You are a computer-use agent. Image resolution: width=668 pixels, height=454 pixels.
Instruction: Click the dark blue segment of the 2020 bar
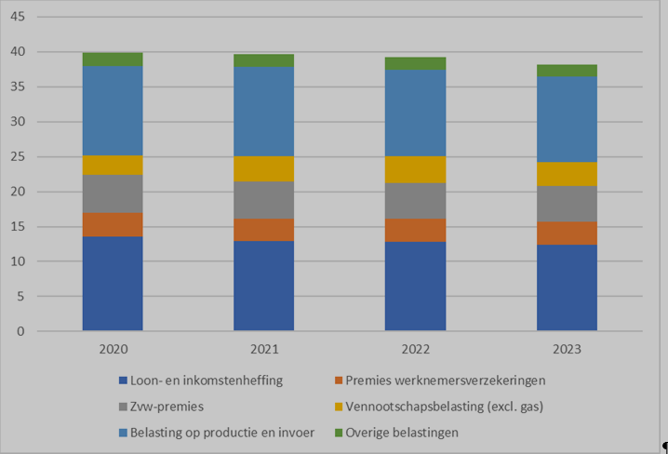tap(113, 284)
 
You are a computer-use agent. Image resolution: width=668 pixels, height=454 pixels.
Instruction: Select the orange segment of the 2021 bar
tap(263, 230)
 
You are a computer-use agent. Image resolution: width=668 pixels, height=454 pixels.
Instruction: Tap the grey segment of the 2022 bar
tap(415, 201)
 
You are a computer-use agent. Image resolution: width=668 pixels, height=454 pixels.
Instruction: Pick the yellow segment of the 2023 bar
tap(567, 174)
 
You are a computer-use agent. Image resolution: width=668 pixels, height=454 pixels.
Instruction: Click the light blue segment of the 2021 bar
tap(263, 111)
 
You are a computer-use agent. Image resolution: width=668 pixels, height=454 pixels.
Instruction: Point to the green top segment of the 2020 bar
tap(113, 60)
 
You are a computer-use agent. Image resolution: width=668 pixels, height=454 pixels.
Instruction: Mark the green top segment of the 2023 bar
tap(567, 71)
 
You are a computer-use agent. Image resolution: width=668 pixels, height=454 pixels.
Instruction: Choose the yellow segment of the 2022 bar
tap(415, 169)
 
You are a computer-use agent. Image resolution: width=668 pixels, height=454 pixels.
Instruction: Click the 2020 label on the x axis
tap(113, 350)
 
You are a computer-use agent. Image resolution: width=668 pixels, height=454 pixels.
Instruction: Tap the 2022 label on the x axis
tap(415, 350)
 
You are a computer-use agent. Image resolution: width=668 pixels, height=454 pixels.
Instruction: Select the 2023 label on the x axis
tap(567, 350)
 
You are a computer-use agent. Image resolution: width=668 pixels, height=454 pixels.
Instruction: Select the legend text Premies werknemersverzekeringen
tap(445, 380)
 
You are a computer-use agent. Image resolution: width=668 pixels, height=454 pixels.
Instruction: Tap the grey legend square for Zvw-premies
tap(124, 407)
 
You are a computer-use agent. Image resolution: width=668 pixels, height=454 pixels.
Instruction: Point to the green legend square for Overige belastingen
tap(338, 433)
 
